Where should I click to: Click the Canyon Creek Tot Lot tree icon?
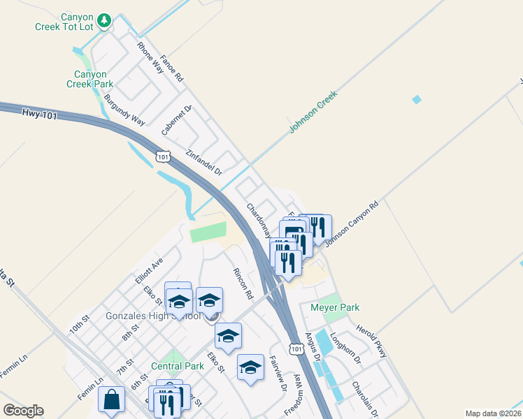coord(104,20)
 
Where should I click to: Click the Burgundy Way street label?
coord(124,110)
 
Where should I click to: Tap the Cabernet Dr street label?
coord(176,120)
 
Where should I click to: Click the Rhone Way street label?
coord(150,58)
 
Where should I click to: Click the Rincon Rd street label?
coord(243,284)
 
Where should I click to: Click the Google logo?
coord(23,411)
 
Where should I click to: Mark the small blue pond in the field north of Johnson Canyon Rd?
coord(417,99)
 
